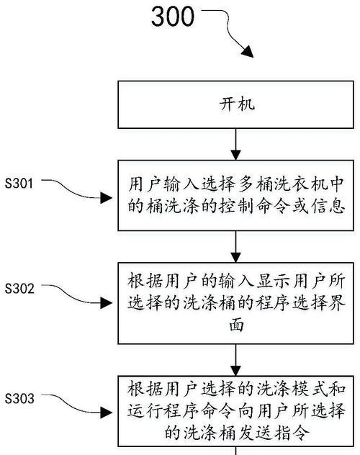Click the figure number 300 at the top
point(173,17)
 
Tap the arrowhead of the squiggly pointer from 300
point(248,52)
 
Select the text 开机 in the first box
point(237,104)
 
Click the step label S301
point(19,184)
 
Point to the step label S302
point(19,289)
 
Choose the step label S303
point(19,398)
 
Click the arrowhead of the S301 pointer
point(106,198)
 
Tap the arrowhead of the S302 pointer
point(106,303)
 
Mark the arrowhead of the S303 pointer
point(106,413)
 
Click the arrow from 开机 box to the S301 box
point(236,144)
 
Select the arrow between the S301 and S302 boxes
point(236,247)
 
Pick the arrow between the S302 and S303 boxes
point(236,360)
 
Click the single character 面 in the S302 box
point(236,325)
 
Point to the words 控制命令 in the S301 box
point(255,207)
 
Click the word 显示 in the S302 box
point(274,281)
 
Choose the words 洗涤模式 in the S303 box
point(292,389)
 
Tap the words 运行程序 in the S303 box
point(163,411)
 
